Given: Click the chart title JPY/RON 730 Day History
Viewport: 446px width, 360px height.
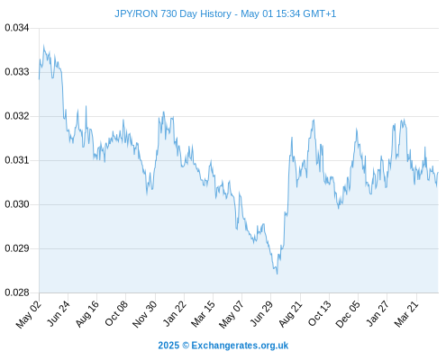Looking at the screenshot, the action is pos(173,13).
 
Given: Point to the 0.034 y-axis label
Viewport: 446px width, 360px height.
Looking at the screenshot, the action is pos(17,28).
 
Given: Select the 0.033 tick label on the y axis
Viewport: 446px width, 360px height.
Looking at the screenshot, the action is pos(17,72).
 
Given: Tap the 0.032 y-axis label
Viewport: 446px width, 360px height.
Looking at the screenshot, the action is pos(17,116).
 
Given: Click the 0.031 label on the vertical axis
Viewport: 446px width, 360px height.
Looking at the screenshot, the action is pos(17,160).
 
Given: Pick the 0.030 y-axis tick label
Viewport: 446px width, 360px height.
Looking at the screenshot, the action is pos(17,204).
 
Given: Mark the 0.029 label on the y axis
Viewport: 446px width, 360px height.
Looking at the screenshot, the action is pos(17,248).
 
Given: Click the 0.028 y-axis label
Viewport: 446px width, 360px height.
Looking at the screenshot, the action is pos(17,292).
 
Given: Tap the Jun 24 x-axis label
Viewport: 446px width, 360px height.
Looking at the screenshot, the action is pos(59,314).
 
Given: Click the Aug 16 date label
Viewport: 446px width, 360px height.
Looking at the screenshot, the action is pos(87,314).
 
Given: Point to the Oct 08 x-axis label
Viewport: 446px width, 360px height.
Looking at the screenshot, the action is pos(116,314).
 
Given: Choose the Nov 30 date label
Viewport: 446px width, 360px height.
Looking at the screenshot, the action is pos(144,314).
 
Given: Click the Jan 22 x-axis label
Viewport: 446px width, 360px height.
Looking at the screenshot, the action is pos(174,314).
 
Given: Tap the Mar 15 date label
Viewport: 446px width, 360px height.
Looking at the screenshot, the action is pos(203,314).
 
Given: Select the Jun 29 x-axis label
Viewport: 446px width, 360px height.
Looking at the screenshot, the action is pos(261,314).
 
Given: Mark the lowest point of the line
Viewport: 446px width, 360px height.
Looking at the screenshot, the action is pos(277,274).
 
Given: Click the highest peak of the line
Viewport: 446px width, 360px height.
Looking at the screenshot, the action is pos(43,45).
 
